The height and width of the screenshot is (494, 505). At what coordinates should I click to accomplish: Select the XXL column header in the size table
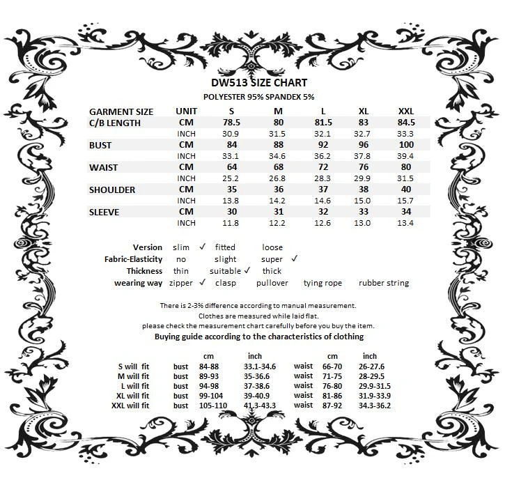click(x=405, y=111)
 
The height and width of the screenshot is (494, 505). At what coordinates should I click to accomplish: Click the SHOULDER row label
click(x=112, y=190)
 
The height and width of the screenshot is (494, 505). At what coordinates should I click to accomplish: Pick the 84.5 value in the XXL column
click(x=405, y=123)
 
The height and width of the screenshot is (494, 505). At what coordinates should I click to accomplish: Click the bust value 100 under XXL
click(x=405, y=145)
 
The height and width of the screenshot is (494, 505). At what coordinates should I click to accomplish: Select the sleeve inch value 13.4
click(x=405, y=223)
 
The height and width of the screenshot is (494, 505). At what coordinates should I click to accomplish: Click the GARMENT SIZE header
click(x=121, y=111)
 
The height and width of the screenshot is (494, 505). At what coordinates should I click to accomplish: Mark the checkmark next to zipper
click(x=203, y=282)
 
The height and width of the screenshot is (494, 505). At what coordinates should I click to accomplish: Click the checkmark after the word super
click(x=294, y=258)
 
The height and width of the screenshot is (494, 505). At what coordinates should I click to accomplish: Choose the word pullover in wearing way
click(x=272, y=283)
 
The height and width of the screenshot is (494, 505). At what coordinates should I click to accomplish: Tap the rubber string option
click(x=384, y=283)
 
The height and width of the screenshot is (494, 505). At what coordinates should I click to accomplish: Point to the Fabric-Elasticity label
click(x=133, y=259)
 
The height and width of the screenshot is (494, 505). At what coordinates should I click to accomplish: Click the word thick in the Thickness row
click(x=272, y=271)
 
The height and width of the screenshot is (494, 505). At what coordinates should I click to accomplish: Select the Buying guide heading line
click(x=258, y=337)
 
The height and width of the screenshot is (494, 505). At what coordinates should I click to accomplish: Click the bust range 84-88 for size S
click(x=209, y=366)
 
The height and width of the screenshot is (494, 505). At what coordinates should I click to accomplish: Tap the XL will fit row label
click(x=134, y=396)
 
